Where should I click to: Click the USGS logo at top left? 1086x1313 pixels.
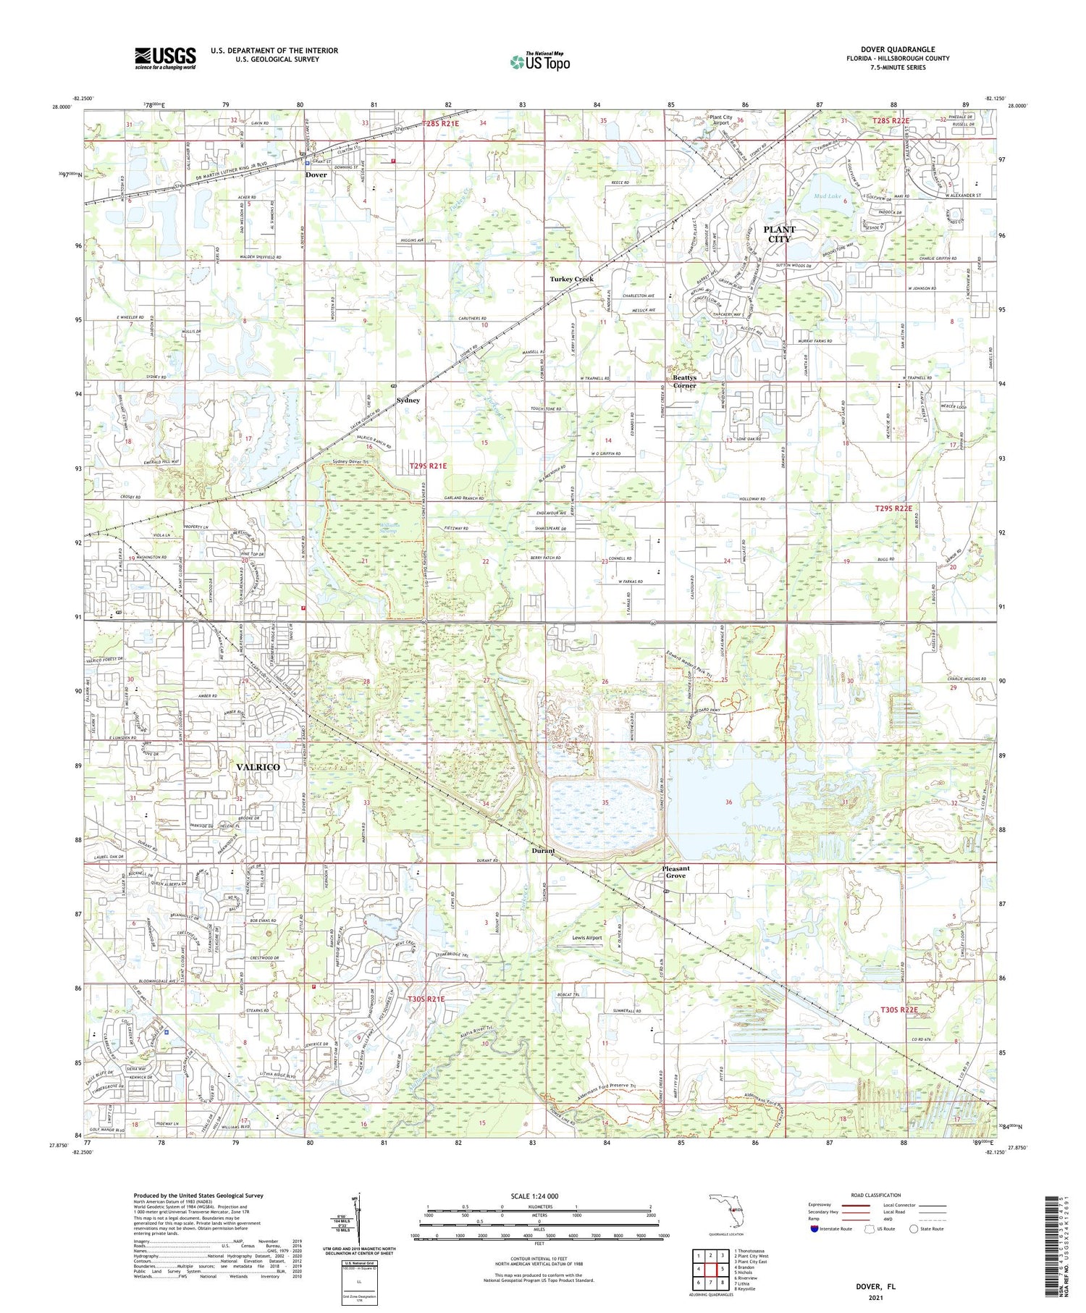coord(165,58)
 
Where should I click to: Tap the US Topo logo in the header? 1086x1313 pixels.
coord(539,62)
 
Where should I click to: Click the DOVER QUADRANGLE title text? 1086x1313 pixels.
coord(897,49)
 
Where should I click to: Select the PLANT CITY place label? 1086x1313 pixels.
coord(779,234)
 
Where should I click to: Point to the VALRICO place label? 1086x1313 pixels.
coord(258,766)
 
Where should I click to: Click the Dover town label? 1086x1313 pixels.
coord(316,175)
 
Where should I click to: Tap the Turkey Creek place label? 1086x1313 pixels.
coord(571,279)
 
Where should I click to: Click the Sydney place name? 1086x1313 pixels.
coord(408,400)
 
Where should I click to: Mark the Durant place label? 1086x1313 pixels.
coord(542,851)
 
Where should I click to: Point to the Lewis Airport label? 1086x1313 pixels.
coord(586,938)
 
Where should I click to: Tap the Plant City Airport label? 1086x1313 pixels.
coord(720,120)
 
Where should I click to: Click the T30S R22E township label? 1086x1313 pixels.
coord(899,1010)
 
